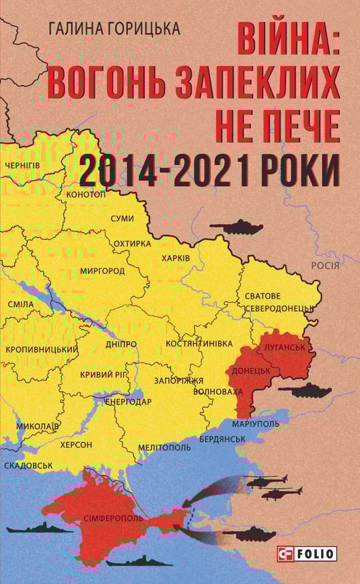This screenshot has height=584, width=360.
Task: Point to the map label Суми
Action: point(122,219)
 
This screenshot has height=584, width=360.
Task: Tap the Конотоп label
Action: point(86,194)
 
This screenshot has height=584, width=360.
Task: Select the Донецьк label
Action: point(251,370)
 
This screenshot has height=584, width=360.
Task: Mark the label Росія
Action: point(330,265)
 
